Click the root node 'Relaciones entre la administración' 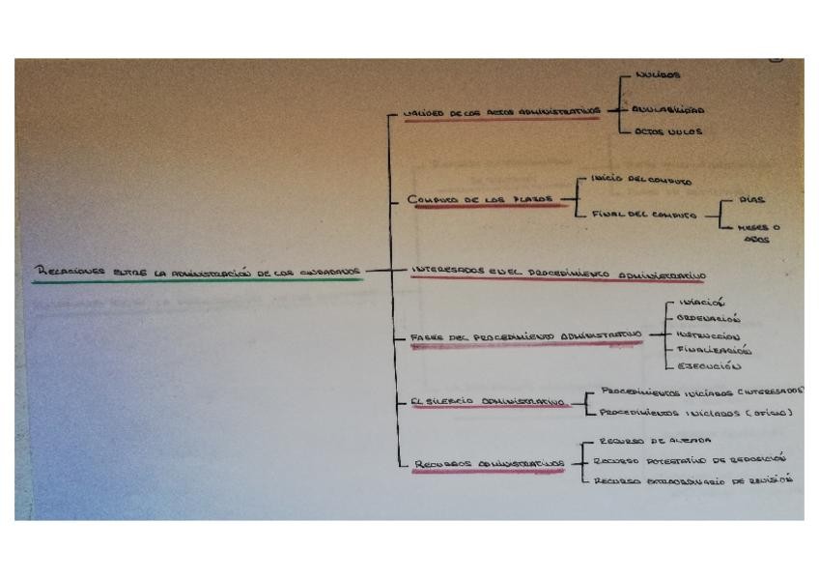click(197, 273)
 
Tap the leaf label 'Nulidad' click(659, 75)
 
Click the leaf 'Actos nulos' click(669, 132)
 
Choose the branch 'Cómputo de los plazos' click(481, 199)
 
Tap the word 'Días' click(751, 200)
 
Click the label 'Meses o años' click(758, 233)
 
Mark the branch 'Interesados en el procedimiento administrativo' click(557, 272)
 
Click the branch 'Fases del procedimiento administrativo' click(526, 336)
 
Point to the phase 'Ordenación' click(708, 318)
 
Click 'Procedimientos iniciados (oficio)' click(695, 413)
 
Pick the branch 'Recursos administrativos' click(489, 464)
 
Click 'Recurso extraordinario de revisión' click(692, 479)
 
